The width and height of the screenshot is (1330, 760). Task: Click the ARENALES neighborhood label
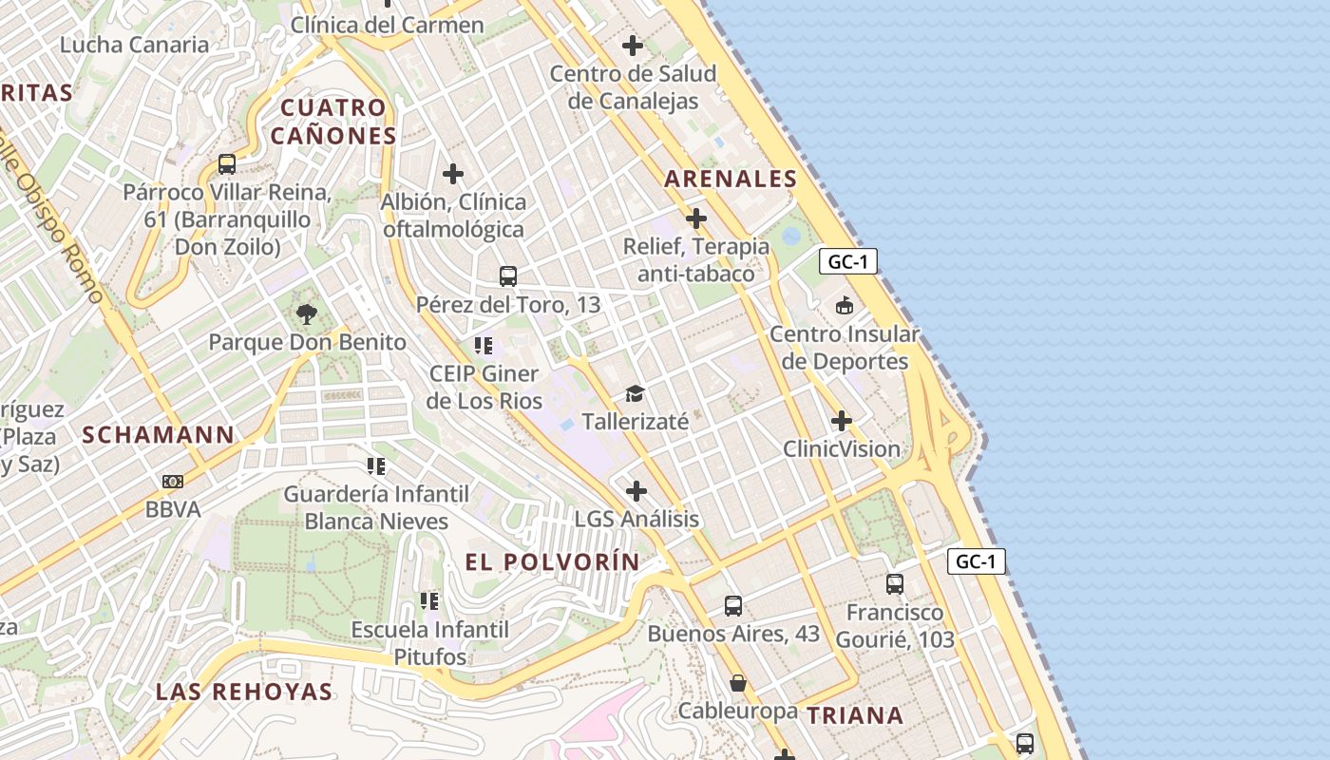pos(731,179)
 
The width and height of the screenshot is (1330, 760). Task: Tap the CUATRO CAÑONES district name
pos(332,122)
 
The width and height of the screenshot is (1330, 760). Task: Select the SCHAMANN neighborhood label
pos(158,435)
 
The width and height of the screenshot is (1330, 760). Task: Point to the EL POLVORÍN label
pos(553,561)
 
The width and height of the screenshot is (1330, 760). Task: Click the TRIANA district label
pos(855,715)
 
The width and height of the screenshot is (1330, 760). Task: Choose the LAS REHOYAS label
pos(244,691)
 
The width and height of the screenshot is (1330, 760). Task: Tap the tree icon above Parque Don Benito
pos(306,314)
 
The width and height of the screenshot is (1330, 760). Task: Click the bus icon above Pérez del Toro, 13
pos(508,276)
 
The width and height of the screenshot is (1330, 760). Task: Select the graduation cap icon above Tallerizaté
pos(635,393)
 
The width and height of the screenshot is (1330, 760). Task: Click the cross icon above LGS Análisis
pos(636,491)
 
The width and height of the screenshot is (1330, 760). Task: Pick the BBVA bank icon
pos(173,482)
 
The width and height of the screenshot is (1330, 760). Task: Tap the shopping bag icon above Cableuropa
pos(737,683)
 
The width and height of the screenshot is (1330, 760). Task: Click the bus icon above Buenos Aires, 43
pos(733,605)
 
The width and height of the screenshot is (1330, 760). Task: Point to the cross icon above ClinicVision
pos(842,421)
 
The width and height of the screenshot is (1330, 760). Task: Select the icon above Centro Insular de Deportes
pos(844,306)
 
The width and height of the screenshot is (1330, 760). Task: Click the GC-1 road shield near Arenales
pos(847,262)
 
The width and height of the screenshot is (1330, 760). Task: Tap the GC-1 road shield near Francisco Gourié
pos(976,561)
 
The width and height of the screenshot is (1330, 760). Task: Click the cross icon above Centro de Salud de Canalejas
pos(632,45)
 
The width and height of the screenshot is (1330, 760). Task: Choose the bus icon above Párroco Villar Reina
pos(227,163)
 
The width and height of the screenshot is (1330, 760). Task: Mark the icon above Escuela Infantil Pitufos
pos(429,601)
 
